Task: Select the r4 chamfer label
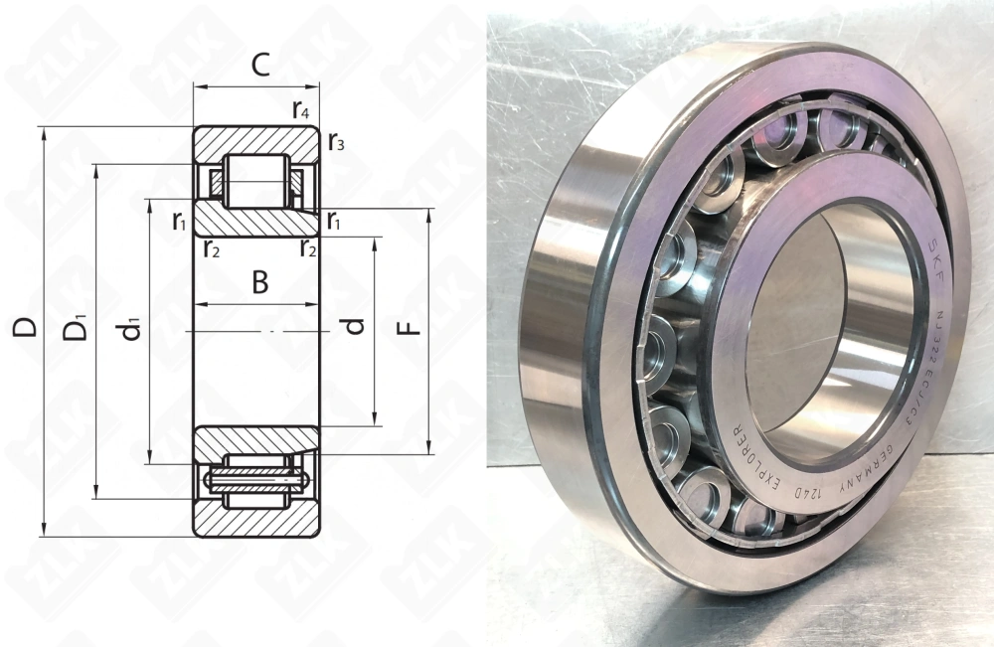click(300, 110)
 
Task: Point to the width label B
click(258, 283)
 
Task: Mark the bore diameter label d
click(355, 325)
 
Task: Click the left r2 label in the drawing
click(211, 247)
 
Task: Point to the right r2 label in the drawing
click(309, 247)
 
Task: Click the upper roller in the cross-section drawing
click(255, 181)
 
